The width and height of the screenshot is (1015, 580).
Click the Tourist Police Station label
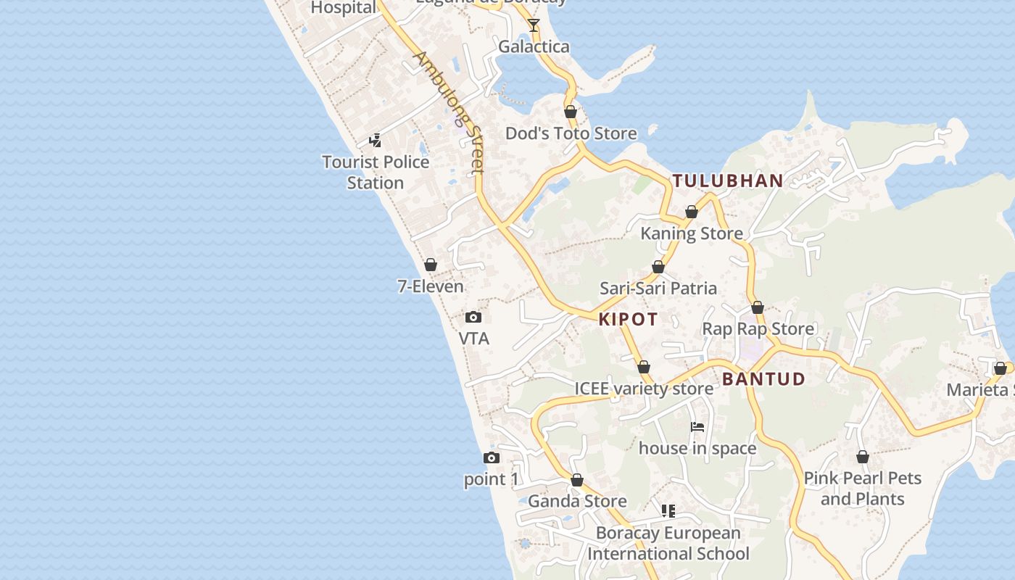click(x=376, y=172)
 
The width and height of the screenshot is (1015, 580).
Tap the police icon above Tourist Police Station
click(x=375, y=140)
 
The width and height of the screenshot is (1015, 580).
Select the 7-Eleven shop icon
click(x=431, y=265)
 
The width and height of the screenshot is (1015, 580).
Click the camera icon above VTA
click(x=473, y=317)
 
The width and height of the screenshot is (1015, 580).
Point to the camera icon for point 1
click(x=492, y=457)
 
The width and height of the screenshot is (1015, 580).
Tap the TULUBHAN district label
click(x=728, y=181)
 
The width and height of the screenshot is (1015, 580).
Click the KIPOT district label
click(x=628, y=319)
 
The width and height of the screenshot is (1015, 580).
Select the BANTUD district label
click(x=763, y=379)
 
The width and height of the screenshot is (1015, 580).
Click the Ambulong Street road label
click(x=448, y=112)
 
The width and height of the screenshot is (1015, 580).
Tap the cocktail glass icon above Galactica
click(x=534, y=25)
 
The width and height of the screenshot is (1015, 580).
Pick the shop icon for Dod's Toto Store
click(x=571, y=112)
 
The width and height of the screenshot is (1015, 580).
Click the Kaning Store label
click(x=691, y=233)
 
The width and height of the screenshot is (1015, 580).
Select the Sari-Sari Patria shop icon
click(x=658, y=267)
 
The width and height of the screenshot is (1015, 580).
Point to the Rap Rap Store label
click(x=758, y=329)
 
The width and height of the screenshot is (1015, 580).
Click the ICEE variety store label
click(x=644, y=389)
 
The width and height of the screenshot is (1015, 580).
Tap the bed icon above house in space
click(x=697, y=427)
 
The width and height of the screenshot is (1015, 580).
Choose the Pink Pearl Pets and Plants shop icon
click(x=863, y=457)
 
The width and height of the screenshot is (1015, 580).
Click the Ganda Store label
click(x=577, y=501)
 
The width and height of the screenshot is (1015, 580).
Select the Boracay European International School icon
click(x=668, y=511)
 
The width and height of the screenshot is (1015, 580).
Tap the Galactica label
click(x=534, y=47)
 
